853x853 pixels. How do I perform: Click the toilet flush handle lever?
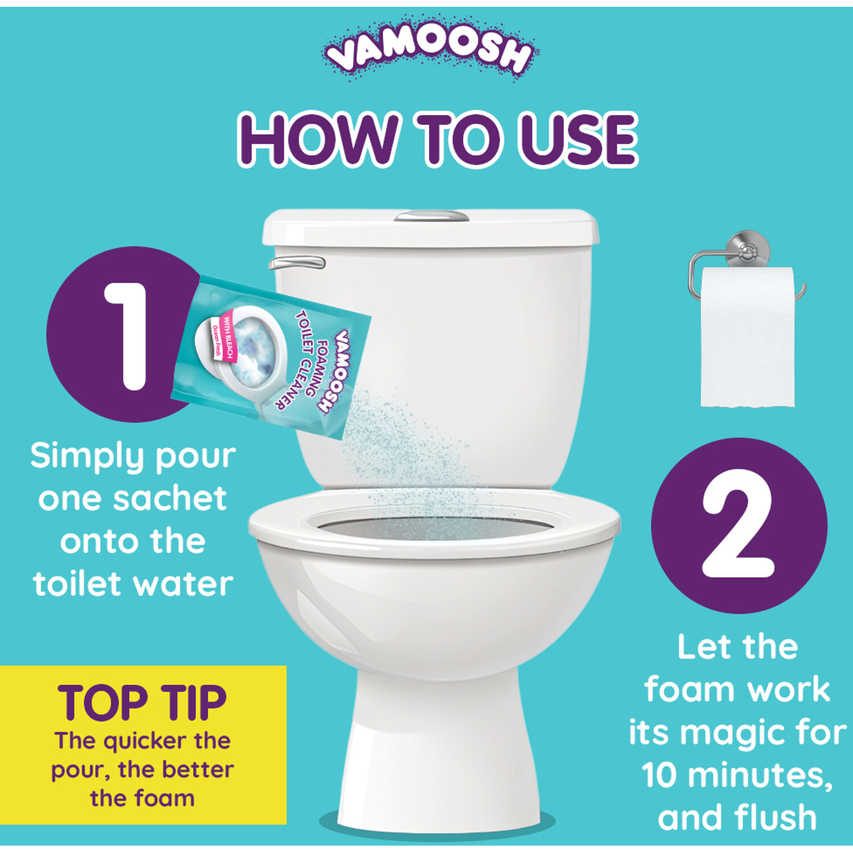pyautogui.click(x=297, y=262)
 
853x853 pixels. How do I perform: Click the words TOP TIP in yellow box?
pyautogui.click(x=142, y=702)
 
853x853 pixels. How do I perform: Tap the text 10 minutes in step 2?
pyautogui.click(x=736, y=775)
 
